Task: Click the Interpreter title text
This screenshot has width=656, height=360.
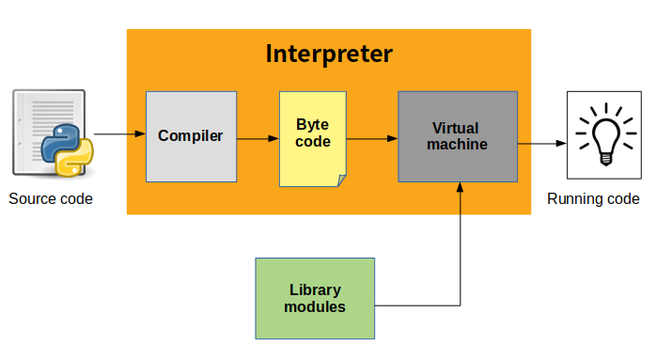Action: click(329, 54)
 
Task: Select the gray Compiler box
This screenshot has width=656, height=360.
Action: click(191, 136)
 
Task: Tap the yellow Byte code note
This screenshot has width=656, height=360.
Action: click(312, 137)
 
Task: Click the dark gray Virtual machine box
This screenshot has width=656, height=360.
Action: click(458, 136)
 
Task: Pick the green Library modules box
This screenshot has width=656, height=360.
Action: click(315, 298)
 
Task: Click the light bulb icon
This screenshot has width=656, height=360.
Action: click(601, 136)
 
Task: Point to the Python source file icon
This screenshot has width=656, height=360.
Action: click(53, 134)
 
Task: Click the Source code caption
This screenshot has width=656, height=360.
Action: click(51, 199)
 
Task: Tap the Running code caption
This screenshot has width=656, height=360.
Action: click(593, 199)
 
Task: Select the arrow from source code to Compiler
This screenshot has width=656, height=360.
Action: click(119, 134)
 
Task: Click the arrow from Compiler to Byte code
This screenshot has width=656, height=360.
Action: click(258, 138)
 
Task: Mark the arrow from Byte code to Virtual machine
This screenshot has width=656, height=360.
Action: click(371, 139)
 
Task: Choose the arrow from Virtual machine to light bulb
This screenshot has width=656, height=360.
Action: click(541, 144)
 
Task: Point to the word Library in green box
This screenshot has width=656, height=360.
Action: click(315, 290)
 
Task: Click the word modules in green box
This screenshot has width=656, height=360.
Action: click(315, 306)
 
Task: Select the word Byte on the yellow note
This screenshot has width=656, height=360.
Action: click(312, 125)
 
